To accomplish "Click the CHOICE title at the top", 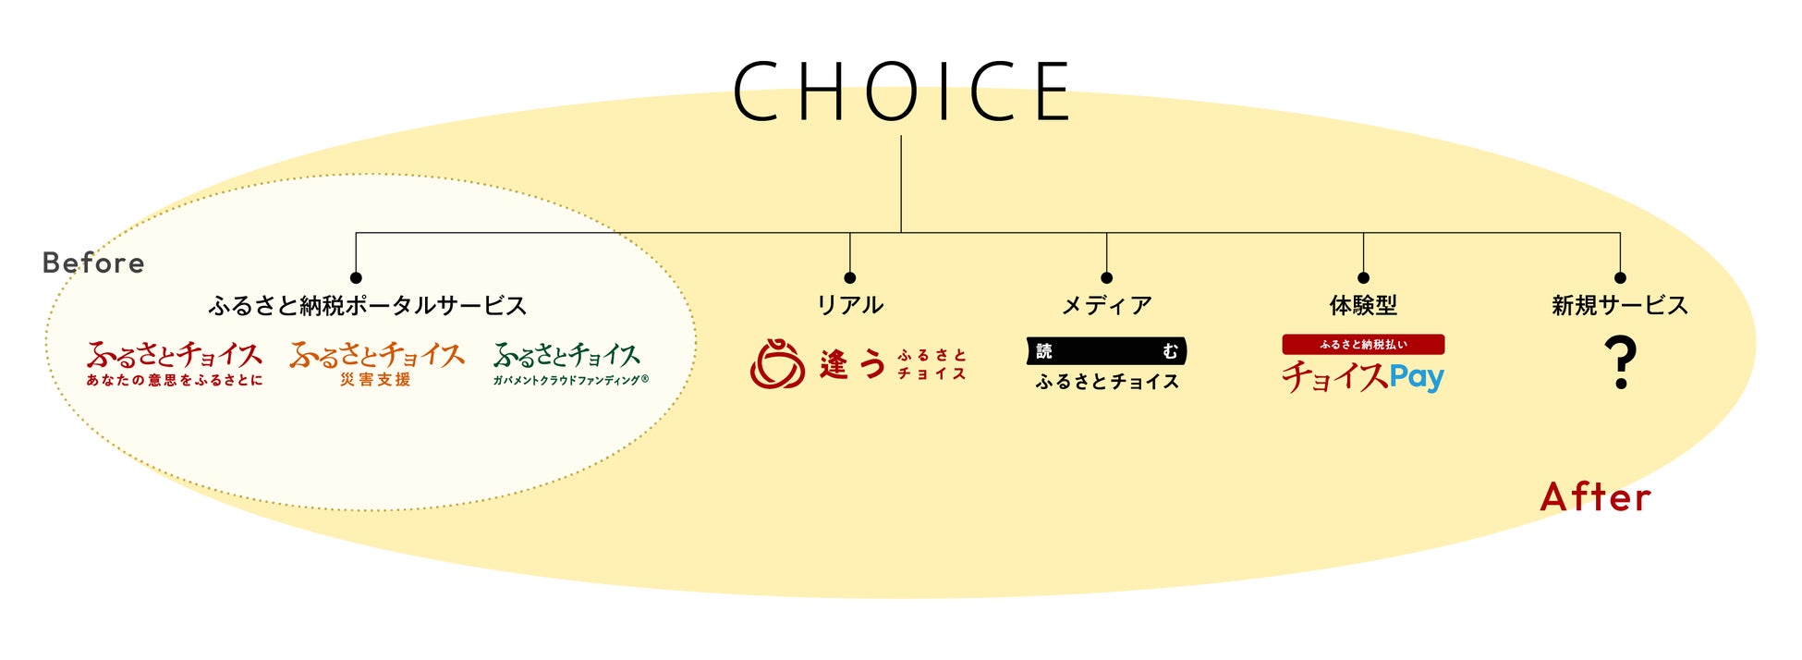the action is pyautogui.click(x=901, y=92).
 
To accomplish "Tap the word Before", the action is pyautogui.click(x=93, y=263).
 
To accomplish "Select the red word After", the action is pyautogui.click(x=1595, y=497).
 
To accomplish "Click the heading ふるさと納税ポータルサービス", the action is pyautogui.click(x=367, y=306).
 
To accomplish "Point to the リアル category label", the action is pyautogui.click(x=849, y=306).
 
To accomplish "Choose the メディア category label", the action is pyautogui.click(x=1106, y=306).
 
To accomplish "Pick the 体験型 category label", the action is pyautogui.click(x=1363, y=306).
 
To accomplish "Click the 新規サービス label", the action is pyautogui.click(x=1619, y=306).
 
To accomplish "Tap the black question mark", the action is pyautogui.click(x=1620, y=362).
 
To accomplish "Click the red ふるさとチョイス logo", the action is pyautogui.click(x=175, y=363).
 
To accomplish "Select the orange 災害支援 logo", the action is pyautogui.click(x=376, y=363).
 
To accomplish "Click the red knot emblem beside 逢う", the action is pyautogui.click(x=777, y=363).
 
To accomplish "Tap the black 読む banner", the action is pyautogui.click(x=1106, y=351).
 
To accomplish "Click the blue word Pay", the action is pyautogui.click(x=1416, y=377).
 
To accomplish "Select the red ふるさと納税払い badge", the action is pyautogui.click(x=1363, y=345).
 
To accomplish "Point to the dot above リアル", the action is pyautogui.click(x=849, y=277).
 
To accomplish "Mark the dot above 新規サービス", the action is pyautogui.click(x=1620, y=277).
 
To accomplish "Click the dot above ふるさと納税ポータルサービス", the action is pyautogui.click(x=356, y=277).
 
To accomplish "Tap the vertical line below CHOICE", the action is pyautogui.click(x=901, y=185).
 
